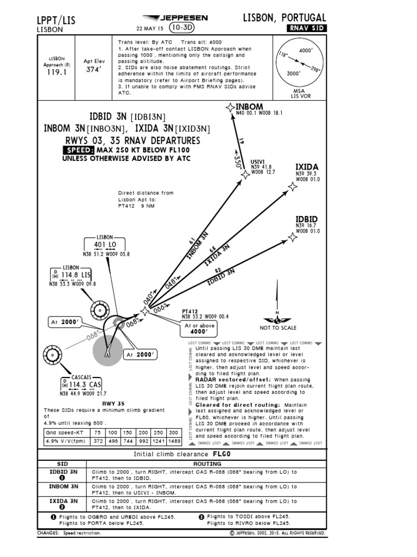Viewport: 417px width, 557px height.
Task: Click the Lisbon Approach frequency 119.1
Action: pyautogui.click(x=57, y=71)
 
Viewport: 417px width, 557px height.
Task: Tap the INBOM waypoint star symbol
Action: pyautogui.click(x=230, y=108)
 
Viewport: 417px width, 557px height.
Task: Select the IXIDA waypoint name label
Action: pyautogui.click(x=307, y=166)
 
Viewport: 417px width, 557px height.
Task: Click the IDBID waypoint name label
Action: pyautogui.click(x=307, y=219)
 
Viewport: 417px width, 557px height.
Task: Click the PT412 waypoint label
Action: pyautogui.click(x=191, y=313)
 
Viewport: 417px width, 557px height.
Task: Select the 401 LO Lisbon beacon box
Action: pyautogui.click(x=105, y=244)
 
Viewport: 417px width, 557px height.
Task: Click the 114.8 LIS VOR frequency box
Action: pyautogui.click(x=71, y=275)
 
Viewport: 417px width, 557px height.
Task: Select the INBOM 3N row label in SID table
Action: pyautogui.click(x=64, y=487)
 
